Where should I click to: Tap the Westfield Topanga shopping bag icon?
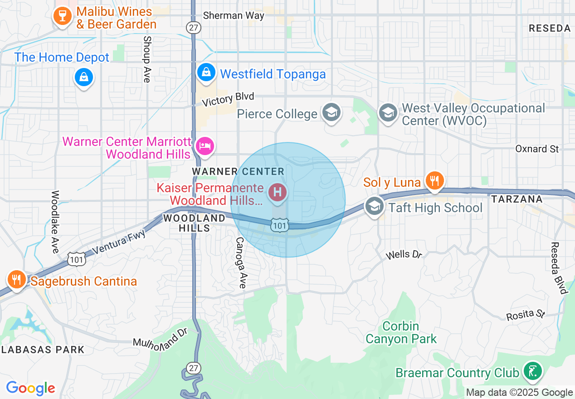206,72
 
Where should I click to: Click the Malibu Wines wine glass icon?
61,16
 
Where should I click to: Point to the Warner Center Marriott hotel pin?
205,146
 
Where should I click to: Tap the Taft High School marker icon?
375,207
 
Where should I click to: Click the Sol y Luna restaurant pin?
434,181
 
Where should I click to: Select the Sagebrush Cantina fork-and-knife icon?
17,280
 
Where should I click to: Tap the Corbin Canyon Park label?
401,332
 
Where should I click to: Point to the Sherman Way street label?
234,15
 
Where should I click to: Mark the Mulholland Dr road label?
160,338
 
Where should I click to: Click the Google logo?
31,388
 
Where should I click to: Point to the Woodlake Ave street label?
55,222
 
